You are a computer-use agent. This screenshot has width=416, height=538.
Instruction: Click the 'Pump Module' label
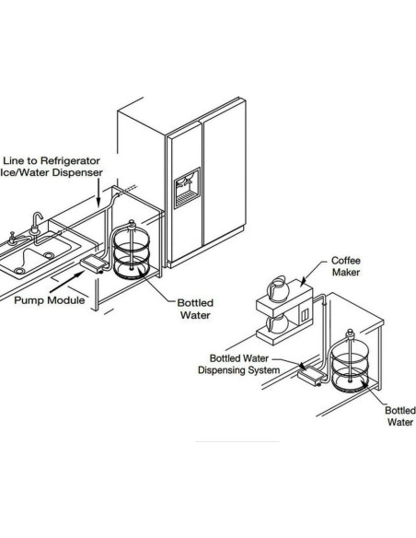pyautogui.click(x=50, y=300)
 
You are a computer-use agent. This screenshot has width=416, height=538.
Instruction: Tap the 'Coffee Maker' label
pyautogui.click(x=346, y=266)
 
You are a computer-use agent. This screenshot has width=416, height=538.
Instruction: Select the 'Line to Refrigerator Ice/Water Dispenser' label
pyautogui.click(x=52, y=167)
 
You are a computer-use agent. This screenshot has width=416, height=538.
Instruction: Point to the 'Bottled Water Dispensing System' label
pyautogui.click(x=239, y=365)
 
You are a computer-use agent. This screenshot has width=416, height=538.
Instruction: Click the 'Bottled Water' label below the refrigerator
pyautogui.click(x=195, y=309)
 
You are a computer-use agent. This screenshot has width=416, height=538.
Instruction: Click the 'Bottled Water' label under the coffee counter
pyautogui.click(x=400, y=415)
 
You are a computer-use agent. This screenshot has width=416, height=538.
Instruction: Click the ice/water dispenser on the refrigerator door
pyautogui.click(x=187, y=188)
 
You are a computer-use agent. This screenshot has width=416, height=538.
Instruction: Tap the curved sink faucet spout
pyautogui.click(x=37, y=219)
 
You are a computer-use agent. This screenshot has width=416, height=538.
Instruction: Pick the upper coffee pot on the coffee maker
pyautogui.click(x=278, y=289)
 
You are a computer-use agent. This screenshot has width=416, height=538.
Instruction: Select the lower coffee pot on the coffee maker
pyautogui.click(x=278, y=324)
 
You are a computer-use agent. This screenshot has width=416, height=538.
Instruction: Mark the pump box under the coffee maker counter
pyautogui.click(x=310, y=377)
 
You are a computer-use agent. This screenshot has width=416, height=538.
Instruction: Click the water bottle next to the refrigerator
pyautogui.click(x=132, y=251)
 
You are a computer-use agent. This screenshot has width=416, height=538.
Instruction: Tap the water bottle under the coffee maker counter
pyautogui.click(x=350, y=362)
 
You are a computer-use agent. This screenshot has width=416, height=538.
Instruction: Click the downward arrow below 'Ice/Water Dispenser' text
pyautogui.click(x=98, y=193)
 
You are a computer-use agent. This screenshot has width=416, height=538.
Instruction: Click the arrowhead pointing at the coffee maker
pyautogui.click(x=303, y=283)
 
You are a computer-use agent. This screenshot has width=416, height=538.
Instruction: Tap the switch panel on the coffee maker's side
pyautogui.click(x=305, y=316)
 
